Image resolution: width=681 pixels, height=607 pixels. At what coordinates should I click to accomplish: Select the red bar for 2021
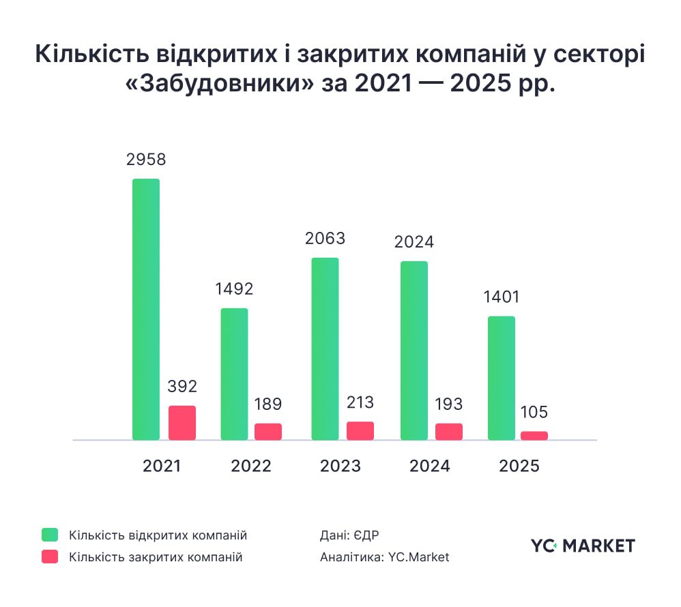coord(182,423)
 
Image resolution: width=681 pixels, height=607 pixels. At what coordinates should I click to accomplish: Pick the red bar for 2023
coord(360,431)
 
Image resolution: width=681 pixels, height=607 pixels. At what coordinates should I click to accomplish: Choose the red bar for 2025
coord(534,435)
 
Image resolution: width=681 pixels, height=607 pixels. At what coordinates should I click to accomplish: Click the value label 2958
coord(146,160)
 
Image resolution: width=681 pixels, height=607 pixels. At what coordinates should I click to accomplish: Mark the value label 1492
coord(234,288)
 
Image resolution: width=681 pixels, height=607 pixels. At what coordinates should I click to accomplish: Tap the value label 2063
coord(325,239)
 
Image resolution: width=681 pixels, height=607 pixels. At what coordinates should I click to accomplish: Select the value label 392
coord(182,387)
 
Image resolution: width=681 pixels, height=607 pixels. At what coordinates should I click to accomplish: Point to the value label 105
coord(534,413)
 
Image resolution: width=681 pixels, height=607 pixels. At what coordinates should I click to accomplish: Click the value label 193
coord(448,404)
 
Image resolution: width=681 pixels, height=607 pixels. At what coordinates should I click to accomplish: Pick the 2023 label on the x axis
coord(340,467)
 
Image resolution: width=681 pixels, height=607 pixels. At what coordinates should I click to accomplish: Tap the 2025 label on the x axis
coord(519,467)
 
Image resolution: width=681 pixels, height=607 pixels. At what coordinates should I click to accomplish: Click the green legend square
coord(50,534)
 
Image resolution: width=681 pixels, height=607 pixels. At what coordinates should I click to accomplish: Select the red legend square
coord(50,557)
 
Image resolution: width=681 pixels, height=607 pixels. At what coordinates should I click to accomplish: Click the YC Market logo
coord(583,545)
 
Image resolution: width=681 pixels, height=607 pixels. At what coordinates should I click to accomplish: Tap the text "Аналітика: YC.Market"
coord(384,557)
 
